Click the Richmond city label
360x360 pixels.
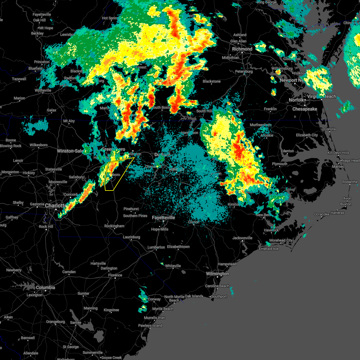(242, 49)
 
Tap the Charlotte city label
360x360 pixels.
(56, 205)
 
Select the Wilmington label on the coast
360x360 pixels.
(217, 274)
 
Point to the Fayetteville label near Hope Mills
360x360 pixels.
(163, 217)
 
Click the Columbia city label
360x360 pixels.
(45, 287)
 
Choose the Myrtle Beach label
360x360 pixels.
(163, 309)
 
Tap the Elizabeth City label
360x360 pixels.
(307, 135)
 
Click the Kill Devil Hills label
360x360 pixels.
(338, 153)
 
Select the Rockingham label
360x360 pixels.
(114, 226)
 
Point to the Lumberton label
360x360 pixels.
(156, 247)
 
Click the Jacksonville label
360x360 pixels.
(242, 238)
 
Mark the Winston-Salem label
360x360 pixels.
(70, 151)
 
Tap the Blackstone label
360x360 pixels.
(211, 81)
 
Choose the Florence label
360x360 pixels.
(115, 275)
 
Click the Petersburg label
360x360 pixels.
(244, 71)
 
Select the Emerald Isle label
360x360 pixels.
(269, 249)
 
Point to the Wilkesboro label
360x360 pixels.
(38, 145)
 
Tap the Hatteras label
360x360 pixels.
(337, 213)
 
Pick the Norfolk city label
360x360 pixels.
(296, 100)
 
